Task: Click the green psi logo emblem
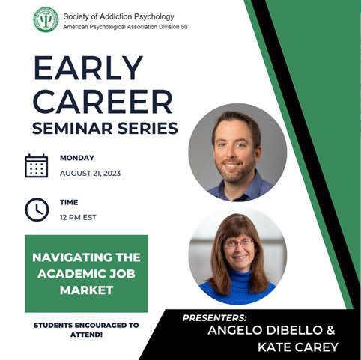tap(46, 20)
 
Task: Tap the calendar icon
tap(36, 165)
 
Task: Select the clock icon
tap(36, 209)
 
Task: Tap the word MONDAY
tap(77, 158)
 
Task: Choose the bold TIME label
tap(70, 202)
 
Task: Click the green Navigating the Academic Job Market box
tap(86, 273)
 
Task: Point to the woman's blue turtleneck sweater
tap(237, 288)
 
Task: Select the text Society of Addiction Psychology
tap(118, 15)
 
